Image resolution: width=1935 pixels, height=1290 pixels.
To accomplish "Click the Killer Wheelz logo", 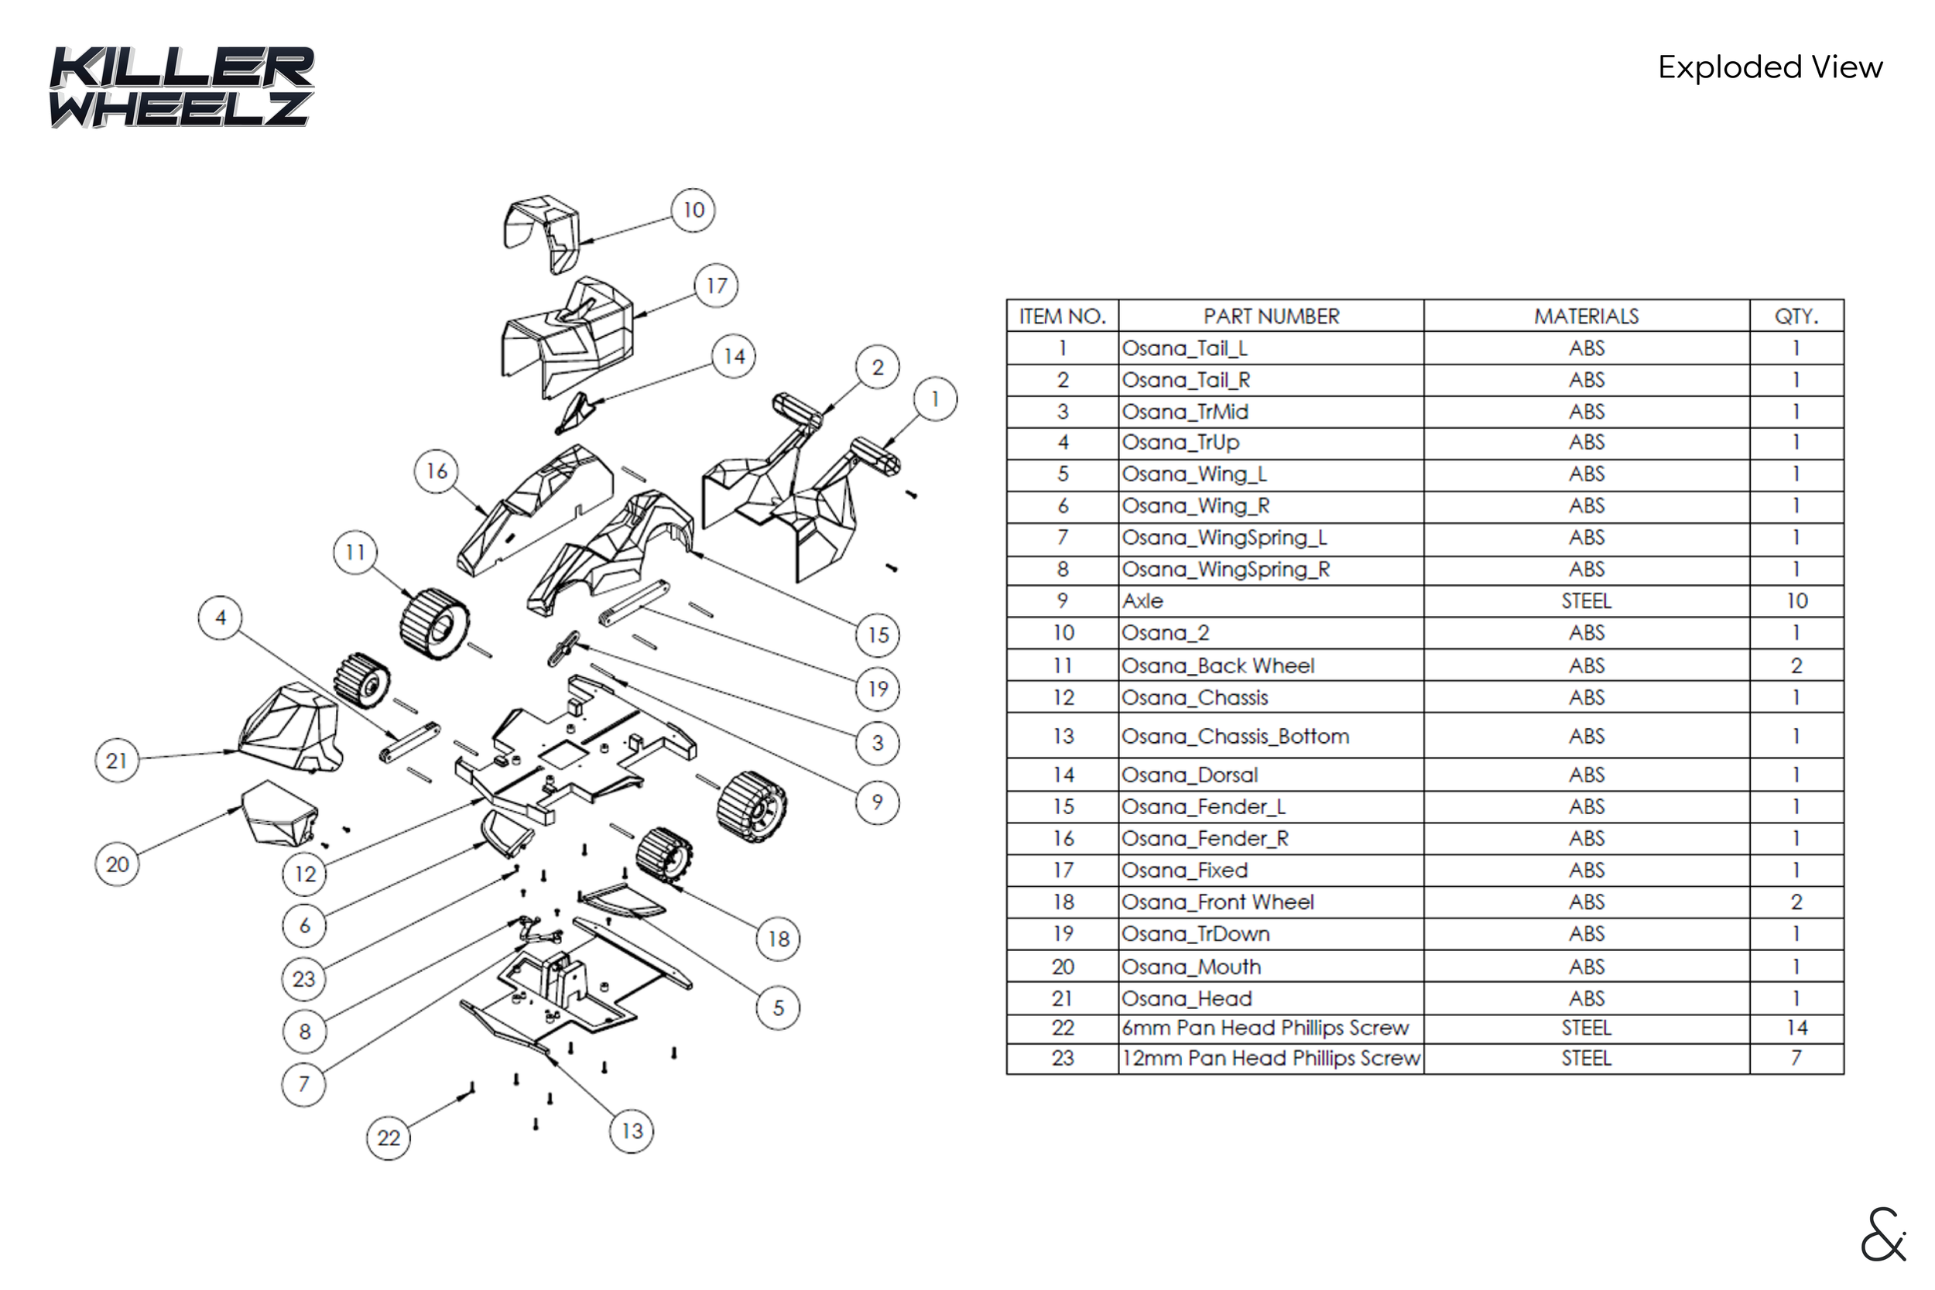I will [x=181, y=87].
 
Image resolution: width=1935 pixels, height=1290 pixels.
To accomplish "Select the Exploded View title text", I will [x=1769, y=67].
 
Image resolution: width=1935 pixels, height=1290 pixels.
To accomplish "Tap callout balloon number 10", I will [x=693, y=210].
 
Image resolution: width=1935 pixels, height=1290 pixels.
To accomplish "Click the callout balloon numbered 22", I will [x=388, y=1138].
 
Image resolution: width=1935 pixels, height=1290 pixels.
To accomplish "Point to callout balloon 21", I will [x=117, y=760].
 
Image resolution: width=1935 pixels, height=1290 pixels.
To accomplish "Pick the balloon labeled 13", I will [x=631, y=1131].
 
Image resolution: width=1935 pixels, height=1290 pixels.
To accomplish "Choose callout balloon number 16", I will [x=436, y=471].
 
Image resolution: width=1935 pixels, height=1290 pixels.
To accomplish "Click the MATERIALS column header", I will [x=1585, y=316].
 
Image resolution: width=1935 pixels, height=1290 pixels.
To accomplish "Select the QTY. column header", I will [x=1796, y=316].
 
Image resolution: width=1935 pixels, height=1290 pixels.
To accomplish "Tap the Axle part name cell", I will [x=1143, y=601].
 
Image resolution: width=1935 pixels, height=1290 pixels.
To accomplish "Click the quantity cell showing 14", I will [x=1796, y=1028].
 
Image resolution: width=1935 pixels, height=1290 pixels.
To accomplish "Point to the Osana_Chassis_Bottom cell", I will [x=1235, y=737].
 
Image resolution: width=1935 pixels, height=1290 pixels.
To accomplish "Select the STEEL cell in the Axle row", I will [x=1585, y=601].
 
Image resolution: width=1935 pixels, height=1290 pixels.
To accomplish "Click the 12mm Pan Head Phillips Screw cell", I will [x=1271, y=1059].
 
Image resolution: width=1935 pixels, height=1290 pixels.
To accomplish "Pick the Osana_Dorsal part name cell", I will [x=1190, y=775].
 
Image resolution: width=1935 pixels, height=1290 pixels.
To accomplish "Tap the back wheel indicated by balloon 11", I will [x=433, y=624].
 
